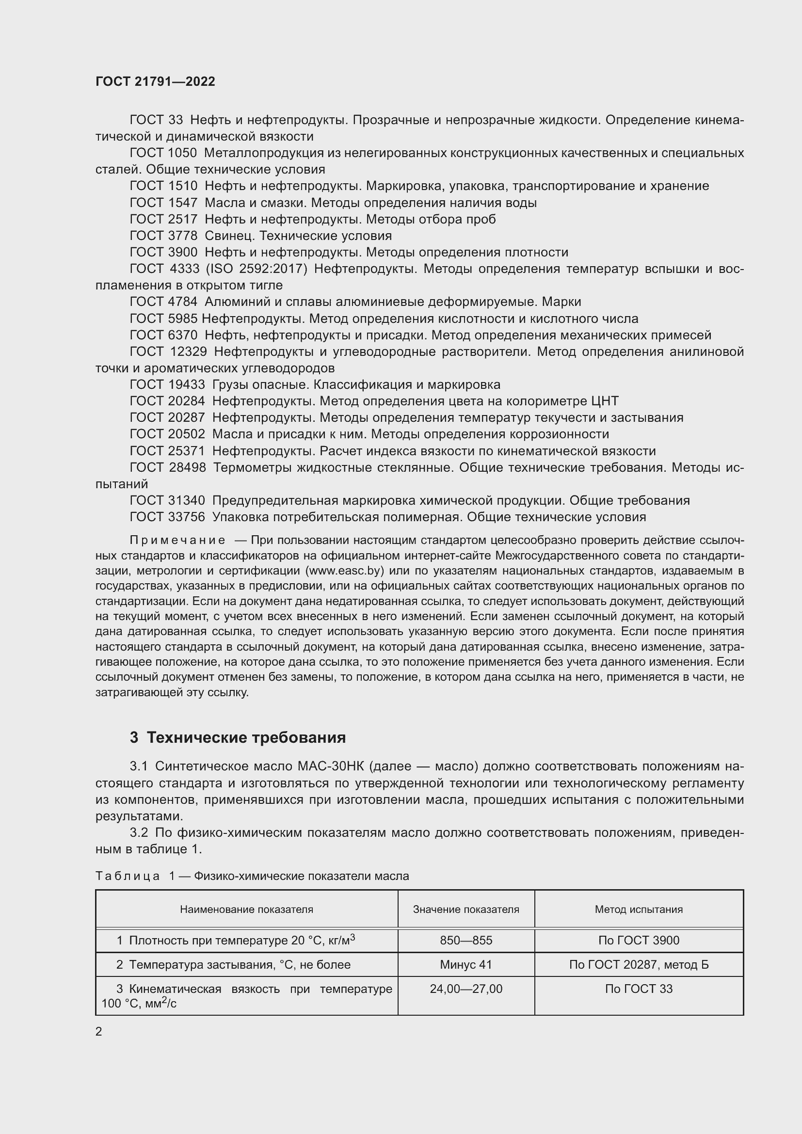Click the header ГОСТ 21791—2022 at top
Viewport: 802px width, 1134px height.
[155, 81]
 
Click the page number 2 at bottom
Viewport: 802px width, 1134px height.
[99, 1031]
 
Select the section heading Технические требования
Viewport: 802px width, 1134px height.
[246, 737]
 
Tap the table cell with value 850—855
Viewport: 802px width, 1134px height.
[465, 941]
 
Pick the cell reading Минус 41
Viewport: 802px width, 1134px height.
[465, 965]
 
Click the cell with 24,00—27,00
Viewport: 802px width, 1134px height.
[465, 989]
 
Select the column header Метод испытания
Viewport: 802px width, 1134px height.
[639, 909]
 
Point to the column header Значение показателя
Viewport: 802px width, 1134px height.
[465, 909]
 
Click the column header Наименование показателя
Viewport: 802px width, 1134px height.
[246, 909]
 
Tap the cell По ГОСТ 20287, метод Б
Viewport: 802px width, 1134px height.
[639, 965]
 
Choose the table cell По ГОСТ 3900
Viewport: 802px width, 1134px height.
[639, 941]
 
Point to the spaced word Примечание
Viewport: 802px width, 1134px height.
[177, 540]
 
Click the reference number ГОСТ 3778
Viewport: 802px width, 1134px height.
[163, 236]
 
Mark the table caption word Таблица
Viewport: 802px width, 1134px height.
[128, 876]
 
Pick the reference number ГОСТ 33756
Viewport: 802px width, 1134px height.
[167, 517]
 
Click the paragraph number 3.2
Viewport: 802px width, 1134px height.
[139, 832]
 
